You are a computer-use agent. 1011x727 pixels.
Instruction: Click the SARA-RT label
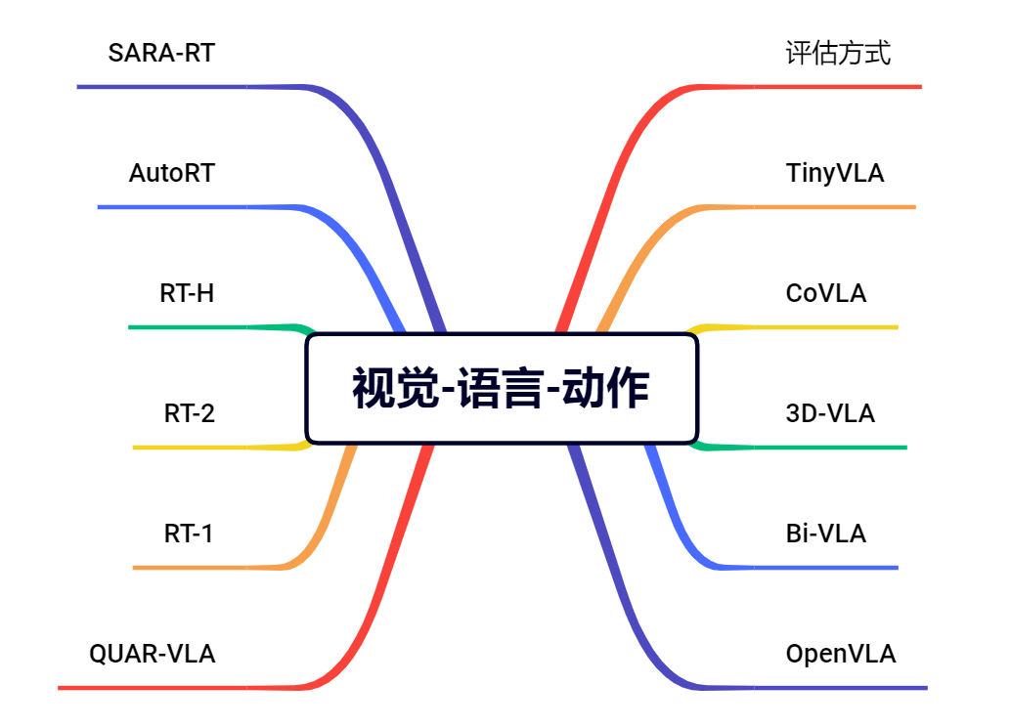click(x=161, y=53)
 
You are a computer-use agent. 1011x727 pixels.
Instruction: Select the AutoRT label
click(x=171, y=173)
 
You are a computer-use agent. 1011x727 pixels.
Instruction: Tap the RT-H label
click(x=187, y=293)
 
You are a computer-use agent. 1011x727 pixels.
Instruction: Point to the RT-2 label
click(x=189, y=413)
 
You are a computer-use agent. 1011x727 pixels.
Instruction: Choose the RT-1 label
click(x=188, y=534)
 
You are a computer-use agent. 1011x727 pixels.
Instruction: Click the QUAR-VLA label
click(x=152, y=654)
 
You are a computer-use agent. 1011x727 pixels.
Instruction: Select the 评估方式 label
click(x=838, y=53)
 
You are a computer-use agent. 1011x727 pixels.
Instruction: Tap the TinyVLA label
click(x=834, y=173)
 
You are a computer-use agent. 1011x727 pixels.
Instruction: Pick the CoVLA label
click(x=825, y=293)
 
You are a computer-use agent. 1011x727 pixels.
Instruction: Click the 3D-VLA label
click(x=830, y=413)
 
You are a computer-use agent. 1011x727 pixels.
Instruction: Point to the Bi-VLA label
click(x=825, y=534)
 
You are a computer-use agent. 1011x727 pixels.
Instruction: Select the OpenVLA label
click(x=840, y=654)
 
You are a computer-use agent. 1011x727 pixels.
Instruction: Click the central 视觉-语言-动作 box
click(x=502, y=388)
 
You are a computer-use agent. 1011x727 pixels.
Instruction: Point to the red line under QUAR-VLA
click(x=176, y=688)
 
